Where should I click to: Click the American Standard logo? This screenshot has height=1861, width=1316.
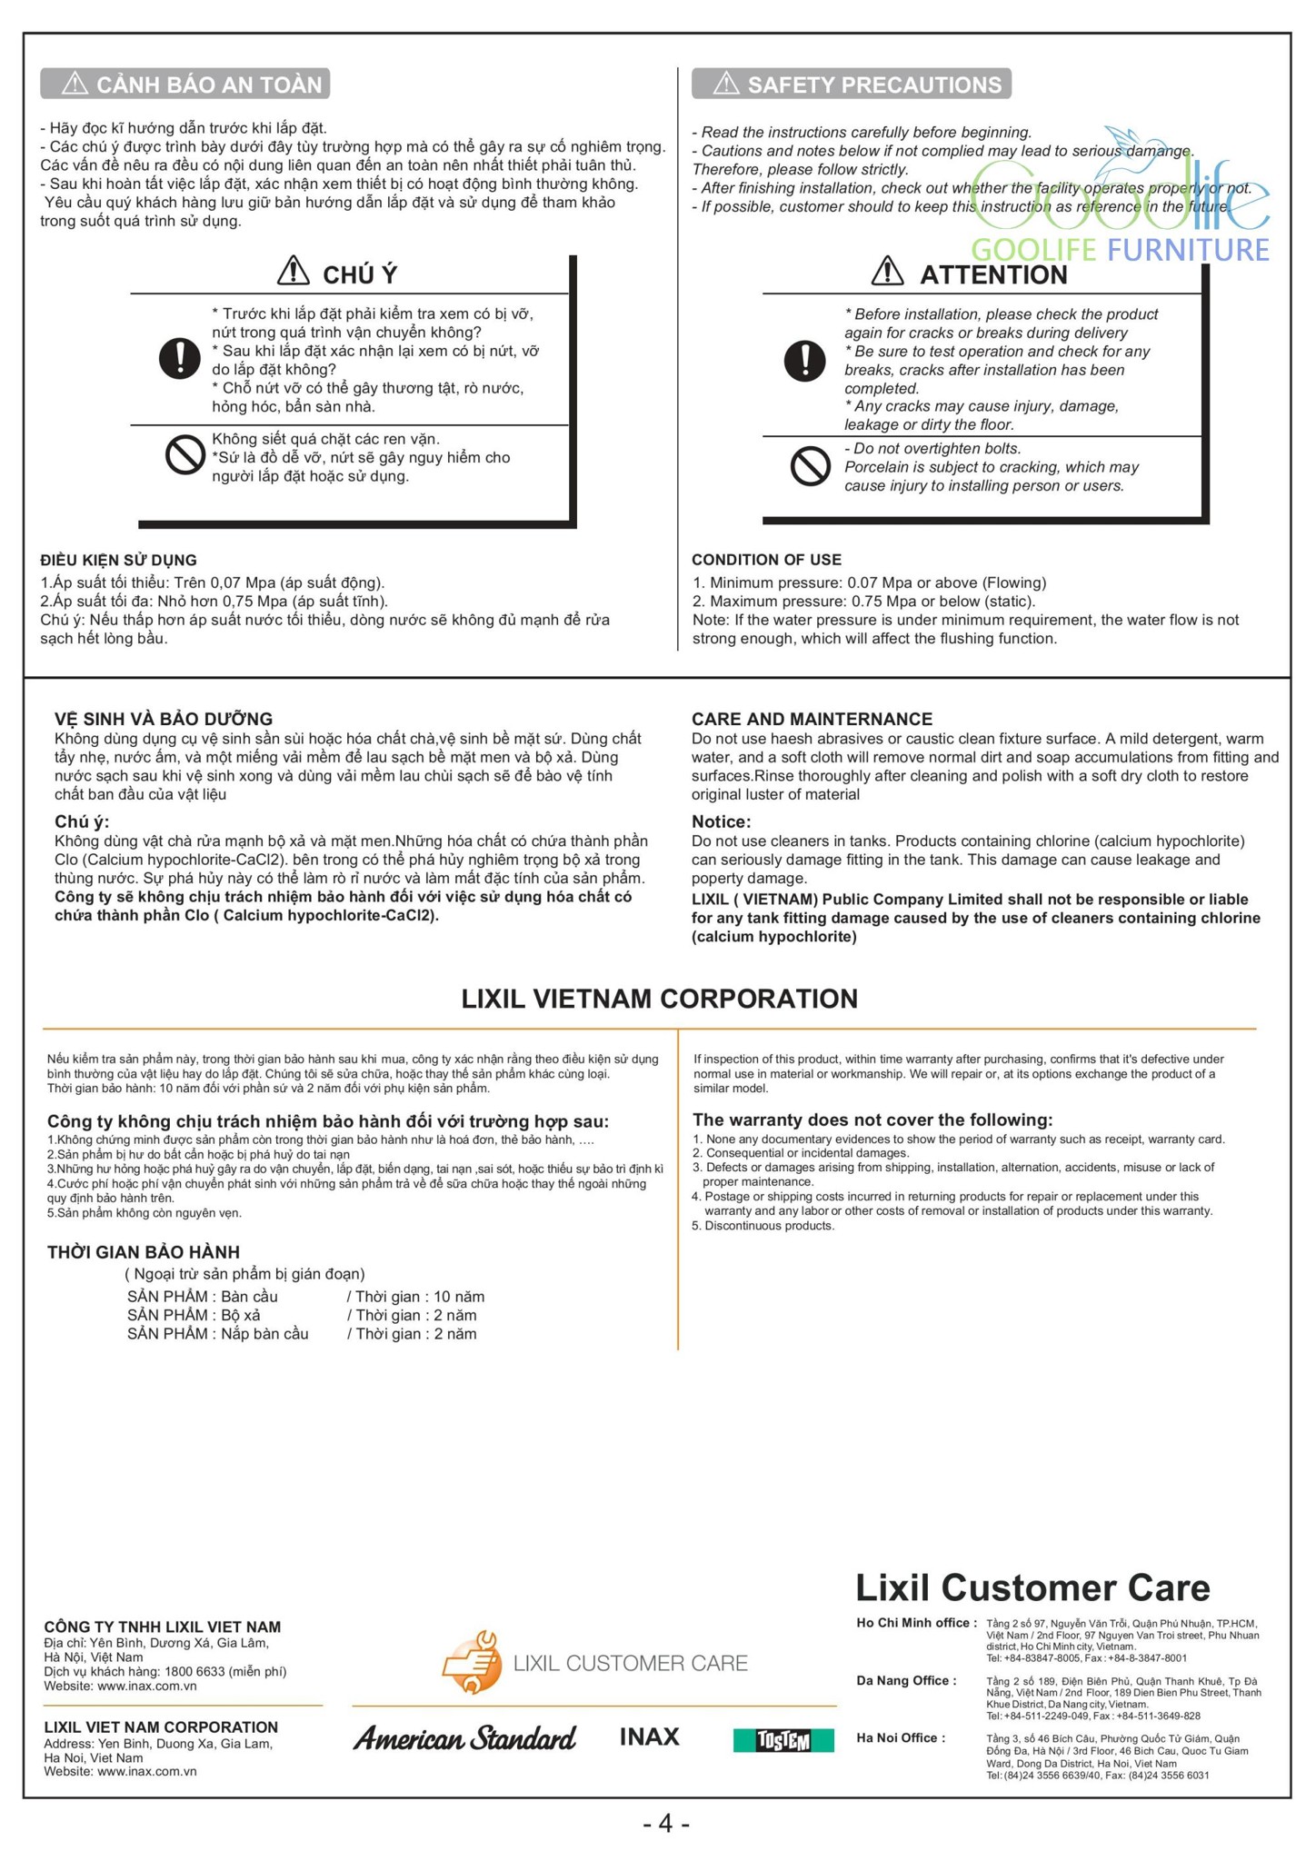click(464, 1738)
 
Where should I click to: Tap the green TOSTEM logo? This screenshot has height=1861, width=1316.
click(783, 1740)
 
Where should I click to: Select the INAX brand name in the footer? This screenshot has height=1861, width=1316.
click(649, 1737)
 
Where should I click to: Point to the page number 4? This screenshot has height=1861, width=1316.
click(666, 1823)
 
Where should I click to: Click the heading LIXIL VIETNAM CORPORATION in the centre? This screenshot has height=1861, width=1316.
click(659, 999)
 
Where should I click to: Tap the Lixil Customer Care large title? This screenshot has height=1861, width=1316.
click(1032, 1587)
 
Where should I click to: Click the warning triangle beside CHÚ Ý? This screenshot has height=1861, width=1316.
click(293, 271)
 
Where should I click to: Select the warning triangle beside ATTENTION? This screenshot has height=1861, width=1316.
click(887, 271)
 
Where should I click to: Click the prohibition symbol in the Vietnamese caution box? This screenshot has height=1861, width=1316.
click(184, 455)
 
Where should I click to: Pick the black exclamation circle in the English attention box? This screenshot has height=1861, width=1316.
click(804, 360)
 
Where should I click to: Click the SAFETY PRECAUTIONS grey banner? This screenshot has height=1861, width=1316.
click(851, 85)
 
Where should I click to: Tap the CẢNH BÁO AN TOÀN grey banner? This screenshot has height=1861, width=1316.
click(185, 85)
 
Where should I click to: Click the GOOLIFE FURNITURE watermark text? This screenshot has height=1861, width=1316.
click(1120, 249)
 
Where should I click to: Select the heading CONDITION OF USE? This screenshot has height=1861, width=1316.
click(766, 560)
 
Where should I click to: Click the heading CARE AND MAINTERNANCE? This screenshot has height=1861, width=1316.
click(812, 719)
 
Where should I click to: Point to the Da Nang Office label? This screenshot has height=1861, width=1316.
click(906, 1680)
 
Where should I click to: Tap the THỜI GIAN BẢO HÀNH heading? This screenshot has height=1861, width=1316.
click(144, 1252)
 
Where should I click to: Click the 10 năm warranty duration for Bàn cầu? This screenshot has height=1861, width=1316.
click(459, 1297)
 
